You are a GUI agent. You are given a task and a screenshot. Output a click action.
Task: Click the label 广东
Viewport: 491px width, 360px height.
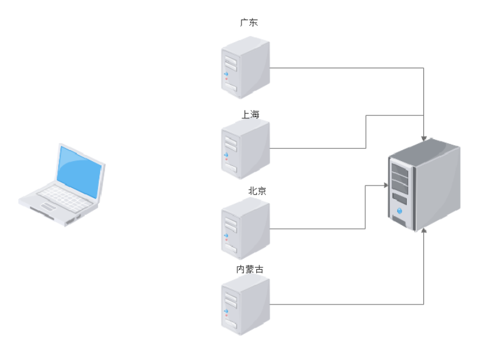click(249, 23)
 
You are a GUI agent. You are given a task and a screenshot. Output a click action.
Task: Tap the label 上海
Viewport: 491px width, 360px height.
click(250, 114)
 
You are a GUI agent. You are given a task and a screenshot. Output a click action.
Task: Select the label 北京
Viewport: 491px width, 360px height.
click(257, 191)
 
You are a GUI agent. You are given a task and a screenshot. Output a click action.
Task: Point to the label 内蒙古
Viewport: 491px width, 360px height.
click(250, 269)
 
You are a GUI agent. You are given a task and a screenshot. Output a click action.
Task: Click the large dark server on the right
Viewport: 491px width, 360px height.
click(423, 184)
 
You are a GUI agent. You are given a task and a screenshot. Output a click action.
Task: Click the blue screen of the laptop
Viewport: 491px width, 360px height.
click(79, 170)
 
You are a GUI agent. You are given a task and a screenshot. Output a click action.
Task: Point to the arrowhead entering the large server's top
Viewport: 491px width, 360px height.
click(424, 139)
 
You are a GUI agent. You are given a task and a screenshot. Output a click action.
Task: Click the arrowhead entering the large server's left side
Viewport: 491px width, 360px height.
click(385, 185)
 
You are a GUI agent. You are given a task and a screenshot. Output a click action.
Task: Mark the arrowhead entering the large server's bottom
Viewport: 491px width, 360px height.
click(423, 230)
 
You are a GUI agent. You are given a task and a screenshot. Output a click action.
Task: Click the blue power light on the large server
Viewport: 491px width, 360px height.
click(400, 211)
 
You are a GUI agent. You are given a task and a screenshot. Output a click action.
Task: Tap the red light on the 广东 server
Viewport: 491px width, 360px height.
click(226, 78)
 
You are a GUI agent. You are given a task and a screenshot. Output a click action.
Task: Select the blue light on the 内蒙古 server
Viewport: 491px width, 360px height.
click(226, 311)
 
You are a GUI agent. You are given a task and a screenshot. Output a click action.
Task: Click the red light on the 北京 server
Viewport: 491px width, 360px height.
click(226, 240)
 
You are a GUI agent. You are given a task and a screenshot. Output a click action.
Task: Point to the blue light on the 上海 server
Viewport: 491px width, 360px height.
click(226, 154)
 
